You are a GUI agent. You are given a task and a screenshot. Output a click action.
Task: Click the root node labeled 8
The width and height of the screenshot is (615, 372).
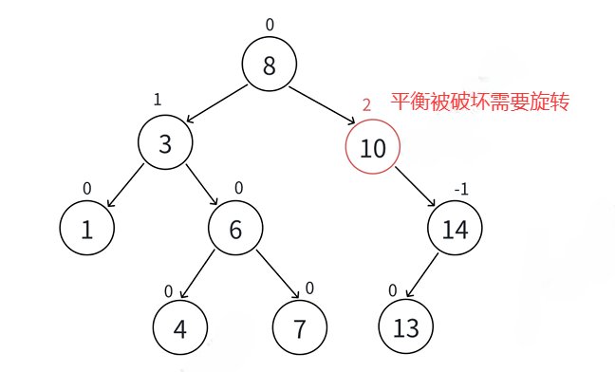[x=270, y=65]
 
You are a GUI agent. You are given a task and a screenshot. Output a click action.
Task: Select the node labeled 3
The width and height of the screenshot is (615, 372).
[x=165, y=144]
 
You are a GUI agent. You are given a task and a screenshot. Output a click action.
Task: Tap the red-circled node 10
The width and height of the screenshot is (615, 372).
[x=373, y=147]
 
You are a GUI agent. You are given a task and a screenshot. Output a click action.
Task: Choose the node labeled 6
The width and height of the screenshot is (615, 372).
[x=236, y=229]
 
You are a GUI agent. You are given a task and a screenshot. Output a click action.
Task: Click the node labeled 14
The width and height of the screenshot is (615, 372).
[x=455, y=229]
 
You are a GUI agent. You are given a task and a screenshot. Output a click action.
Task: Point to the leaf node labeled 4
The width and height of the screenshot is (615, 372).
[x=180, y=328]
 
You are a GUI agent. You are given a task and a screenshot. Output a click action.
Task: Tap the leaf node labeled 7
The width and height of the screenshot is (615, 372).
[x=300, y=328]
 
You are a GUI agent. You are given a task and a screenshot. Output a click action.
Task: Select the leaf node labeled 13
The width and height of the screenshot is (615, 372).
[x=405, y=328]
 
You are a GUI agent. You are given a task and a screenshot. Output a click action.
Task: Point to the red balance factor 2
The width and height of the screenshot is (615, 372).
[x=366, y=105]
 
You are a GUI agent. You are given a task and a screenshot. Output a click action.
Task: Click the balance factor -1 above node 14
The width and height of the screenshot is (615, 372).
[x=461, y=189]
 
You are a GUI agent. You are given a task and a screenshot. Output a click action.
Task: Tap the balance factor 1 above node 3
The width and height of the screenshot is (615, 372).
[x=158, y=100]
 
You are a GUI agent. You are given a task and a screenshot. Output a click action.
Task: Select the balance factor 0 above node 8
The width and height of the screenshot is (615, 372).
[x=270, y=25]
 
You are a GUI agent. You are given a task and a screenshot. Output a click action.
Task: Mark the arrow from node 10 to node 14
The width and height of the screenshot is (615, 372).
[x=415, y=188]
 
